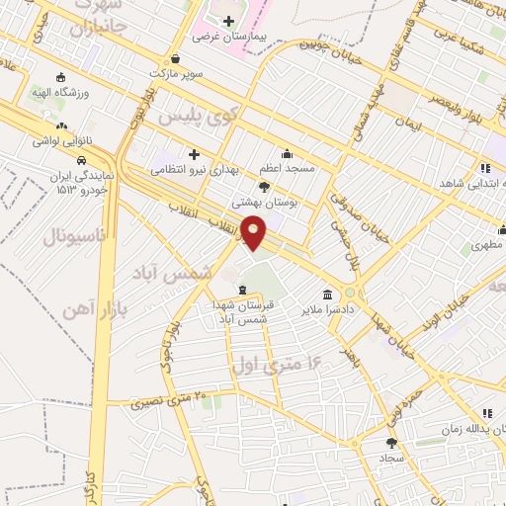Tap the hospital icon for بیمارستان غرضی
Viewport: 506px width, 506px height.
pos(228,21)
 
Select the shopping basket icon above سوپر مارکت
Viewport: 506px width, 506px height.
pos(175,58)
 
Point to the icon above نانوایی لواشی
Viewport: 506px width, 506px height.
pos(61,126)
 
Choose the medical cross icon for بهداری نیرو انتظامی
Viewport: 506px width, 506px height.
pos(194,154)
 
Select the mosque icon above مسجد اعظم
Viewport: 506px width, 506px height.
pos(287,154)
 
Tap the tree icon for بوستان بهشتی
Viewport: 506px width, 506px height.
pos(264,185)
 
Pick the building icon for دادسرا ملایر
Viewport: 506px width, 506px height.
pos(327,294)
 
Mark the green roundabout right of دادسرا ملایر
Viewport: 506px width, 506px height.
pos(350,293)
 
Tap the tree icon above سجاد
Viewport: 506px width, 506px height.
pos(391,444)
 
